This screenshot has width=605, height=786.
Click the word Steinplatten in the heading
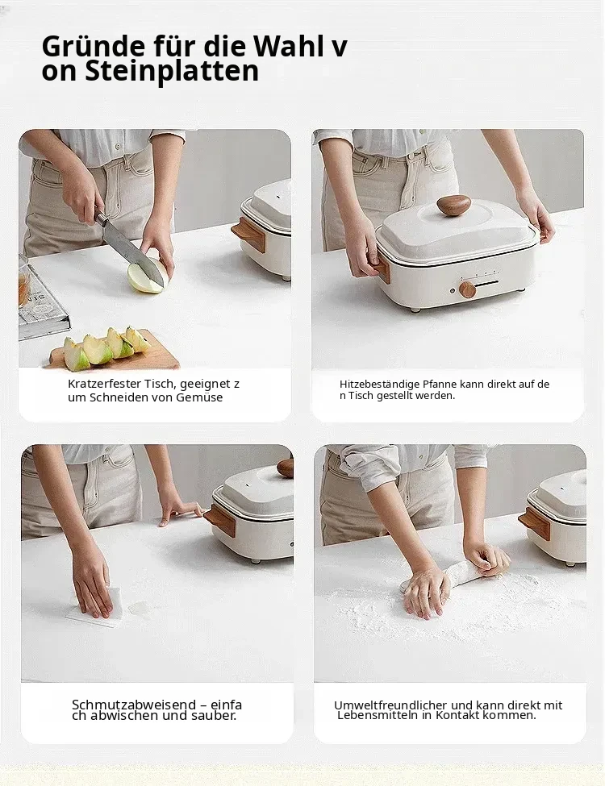click(172, 71)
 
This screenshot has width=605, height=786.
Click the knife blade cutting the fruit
click(133, 249)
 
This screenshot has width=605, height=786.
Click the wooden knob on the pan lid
click(453, 205)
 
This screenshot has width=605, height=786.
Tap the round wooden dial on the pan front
click(466, 289)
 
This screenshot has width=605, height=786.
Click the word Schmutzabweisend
click(134, 705)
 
